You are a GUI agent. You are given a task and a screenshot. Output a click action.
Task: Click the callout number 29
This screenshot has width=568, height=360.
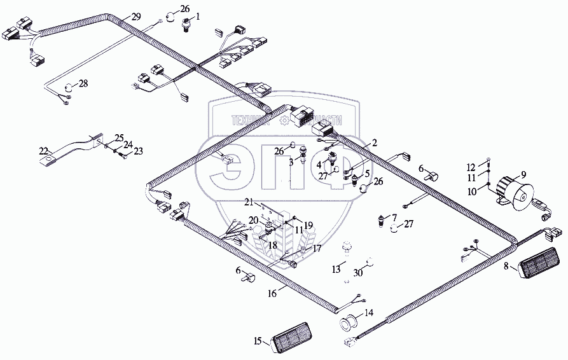click(137, 15)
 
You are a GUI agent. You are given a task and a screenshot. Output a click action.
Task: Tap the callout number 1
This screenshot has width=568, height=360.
click(197, 16)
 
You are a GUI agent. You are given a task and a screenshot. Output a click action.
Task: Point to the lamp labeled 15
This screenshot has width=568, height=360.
click(294, 343)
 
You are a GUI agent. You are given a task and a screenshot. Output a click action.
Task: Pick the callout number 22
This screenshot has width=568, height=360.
click(43, 151)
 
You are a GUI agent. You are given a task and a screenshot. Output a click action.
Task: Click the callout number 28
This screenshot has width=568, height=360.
click(83, 84)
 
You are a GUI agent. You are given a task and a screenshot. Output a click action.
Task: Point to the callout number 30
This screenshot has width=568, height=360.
click(358, 272)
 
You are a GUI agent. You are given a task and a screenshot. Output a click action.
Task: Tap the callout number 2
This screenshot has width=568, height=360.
click(375, 144)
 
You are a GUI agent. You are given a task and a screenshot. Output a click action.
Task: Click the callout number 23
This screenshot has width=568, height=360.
click(138, 151)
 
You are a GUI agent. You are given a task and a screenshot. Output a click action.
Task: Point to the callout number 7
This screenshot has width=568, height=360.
click(394, 217)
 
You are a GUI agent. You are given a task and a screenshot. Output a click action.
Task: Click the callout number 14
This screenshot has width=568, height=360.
click(370, 312)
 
